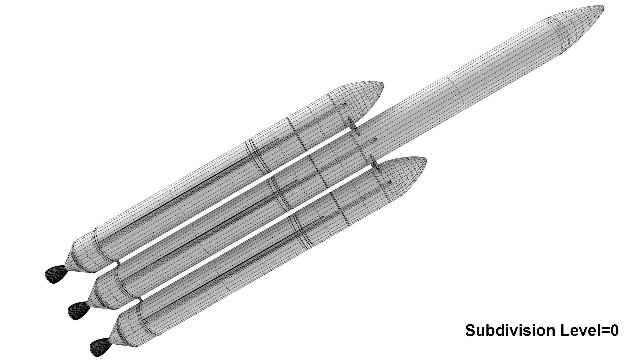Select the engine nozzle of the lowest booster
pyautogui.click(x=100, y=346)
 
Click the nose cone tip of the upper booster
pyautogui.click(x=383, y=85)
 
